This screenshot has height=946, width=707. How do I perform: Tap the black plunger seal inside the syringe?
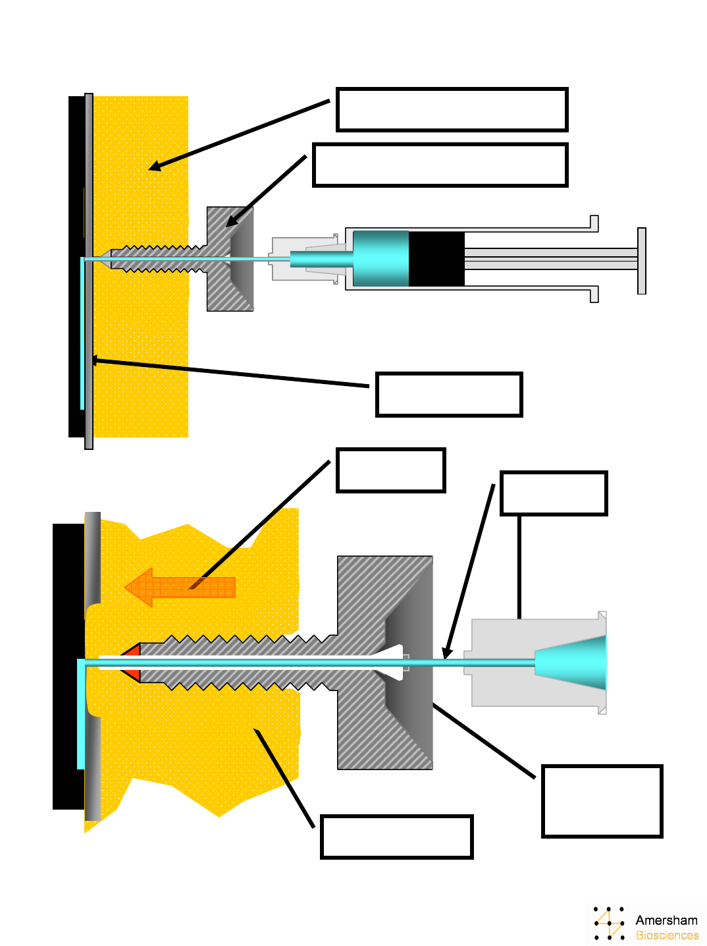pos(436,258)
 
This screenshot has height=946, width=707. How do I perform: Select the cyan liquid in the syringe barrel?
pos(380,258)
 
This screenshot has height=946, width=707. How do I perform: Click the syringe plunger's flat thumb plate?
pos(642,261)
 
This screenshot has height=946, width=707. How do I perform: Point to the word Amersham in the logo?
pos(666,920)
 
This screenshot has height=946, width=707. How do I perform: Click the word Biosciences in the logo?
pos(667,935)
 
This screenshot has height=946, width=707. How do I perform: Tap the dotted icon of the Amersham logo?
pos(609,923)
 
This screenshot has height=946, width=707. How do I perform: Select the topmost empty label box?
pos(452,109)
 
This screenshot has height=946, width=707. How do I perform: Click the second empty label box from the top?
pos(440,165)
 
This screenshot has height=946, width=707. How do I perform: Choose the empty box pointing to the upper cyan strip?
pos(449,395)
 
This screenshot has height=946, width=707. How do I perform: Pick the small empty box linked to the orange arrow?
pos(391,470)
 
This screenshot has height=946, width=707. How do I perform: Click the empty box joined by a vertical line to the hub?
pos(553,493)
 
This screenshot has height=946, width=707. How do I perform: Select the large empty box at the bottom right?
pos(602,801)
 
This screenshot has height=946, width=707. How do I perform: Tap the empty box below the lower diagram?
pos(396,837)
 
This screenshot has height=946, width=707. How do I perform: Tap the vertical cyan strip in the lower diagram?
pos(81,715)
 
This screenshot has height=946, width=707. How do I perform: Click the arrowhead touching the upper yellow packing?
pos(155,167)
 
